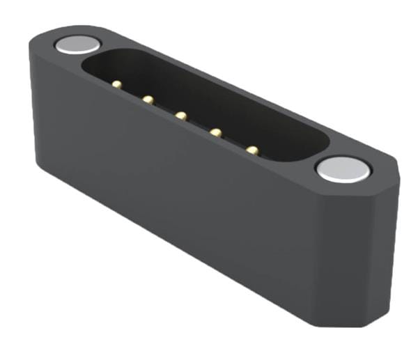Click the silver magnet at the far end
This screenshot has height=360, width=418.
click(x=75, y=45)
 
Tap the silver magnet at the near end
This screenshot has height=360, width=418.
click(x=341, y=169)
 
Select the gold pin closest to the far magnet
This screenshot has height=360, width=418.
click(x=114, y=84)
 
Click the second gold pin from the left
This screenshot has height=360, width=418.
click(x=148, y=100)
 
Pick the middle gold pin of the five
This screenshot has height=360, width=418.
click(x=181, y=115)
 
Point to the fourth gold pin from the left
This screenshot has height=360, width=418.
click(x=215, y=131)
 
